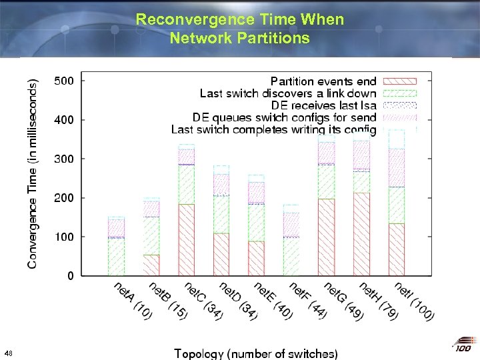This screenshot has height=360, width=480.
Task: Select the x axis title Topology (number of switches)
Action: pyautogui.click(x=255, y=353)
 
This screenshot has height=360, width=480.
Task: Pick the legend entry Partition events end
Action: pyautogui.click(x=323, y=82)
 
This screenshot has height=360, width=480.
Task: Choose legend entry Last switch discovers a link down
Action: pyautogui.click(x=288, y=94)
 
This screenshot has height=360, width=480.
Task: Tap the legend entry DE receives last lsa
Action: pyautogui.click(x=323, y=105)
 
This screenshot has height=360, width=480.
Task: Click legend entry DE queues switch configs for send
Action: pyautogui.click(x=284, y=117)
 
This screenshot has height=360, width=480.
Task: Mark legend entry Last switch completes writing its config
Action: pyautogui.click(x=273, y=129)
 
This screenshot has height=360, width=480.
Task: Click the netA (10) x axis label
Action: pyautogui.click(x=132, y=300)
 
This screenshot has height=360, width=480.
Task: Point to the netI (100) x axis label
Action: pyautogui.click(x=413, y=300)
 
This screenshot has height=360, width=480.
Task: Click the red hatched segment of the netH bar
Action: pyautogui.click(x=361, y=233)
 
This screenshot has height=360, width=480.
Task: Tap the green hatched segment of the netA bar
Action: pyautogui.click(x=117, y=257)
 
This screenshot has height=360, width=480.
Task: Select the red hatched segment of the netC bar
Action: pyautogui.click(x=186, y=240)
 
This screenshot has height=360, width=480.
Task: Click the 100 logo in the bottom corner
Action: pyautogui.click(x=463, y=347)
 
